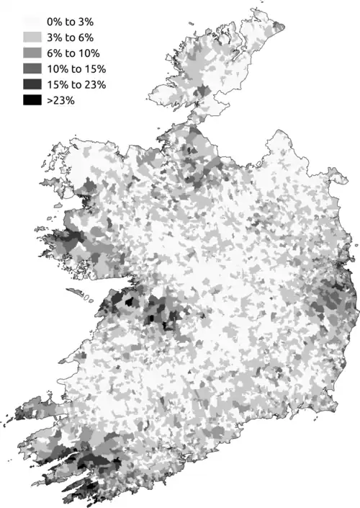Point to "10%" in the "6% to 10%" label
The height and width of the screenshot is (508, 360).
[94, 53]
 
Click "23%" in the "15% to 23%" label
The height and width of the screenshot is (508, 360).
[95, 85]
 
